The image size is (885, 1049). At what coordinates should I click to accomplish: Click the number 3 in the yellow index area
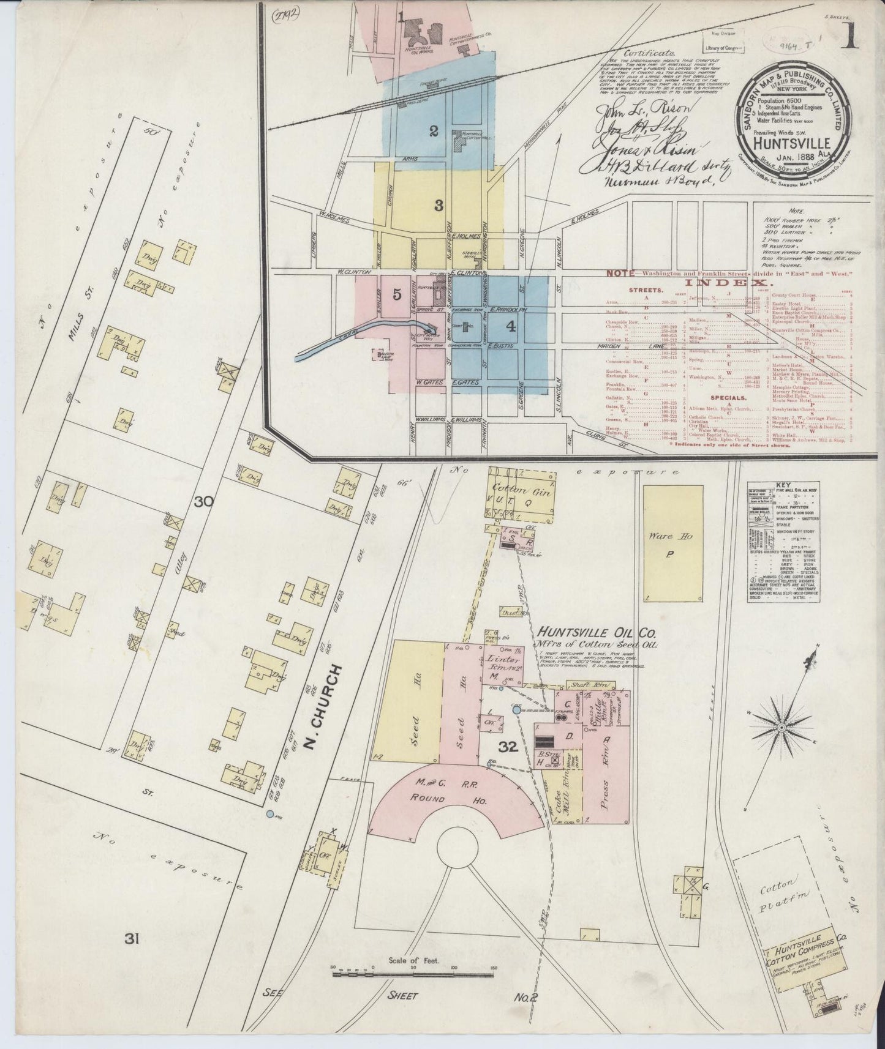[x=439, y=206]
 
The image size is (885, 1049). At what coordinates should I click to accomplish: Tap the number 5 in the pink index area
[x=397, y=294]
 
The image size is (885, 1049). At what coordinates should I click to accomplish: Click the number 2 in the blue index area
[x=434, y=130]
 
